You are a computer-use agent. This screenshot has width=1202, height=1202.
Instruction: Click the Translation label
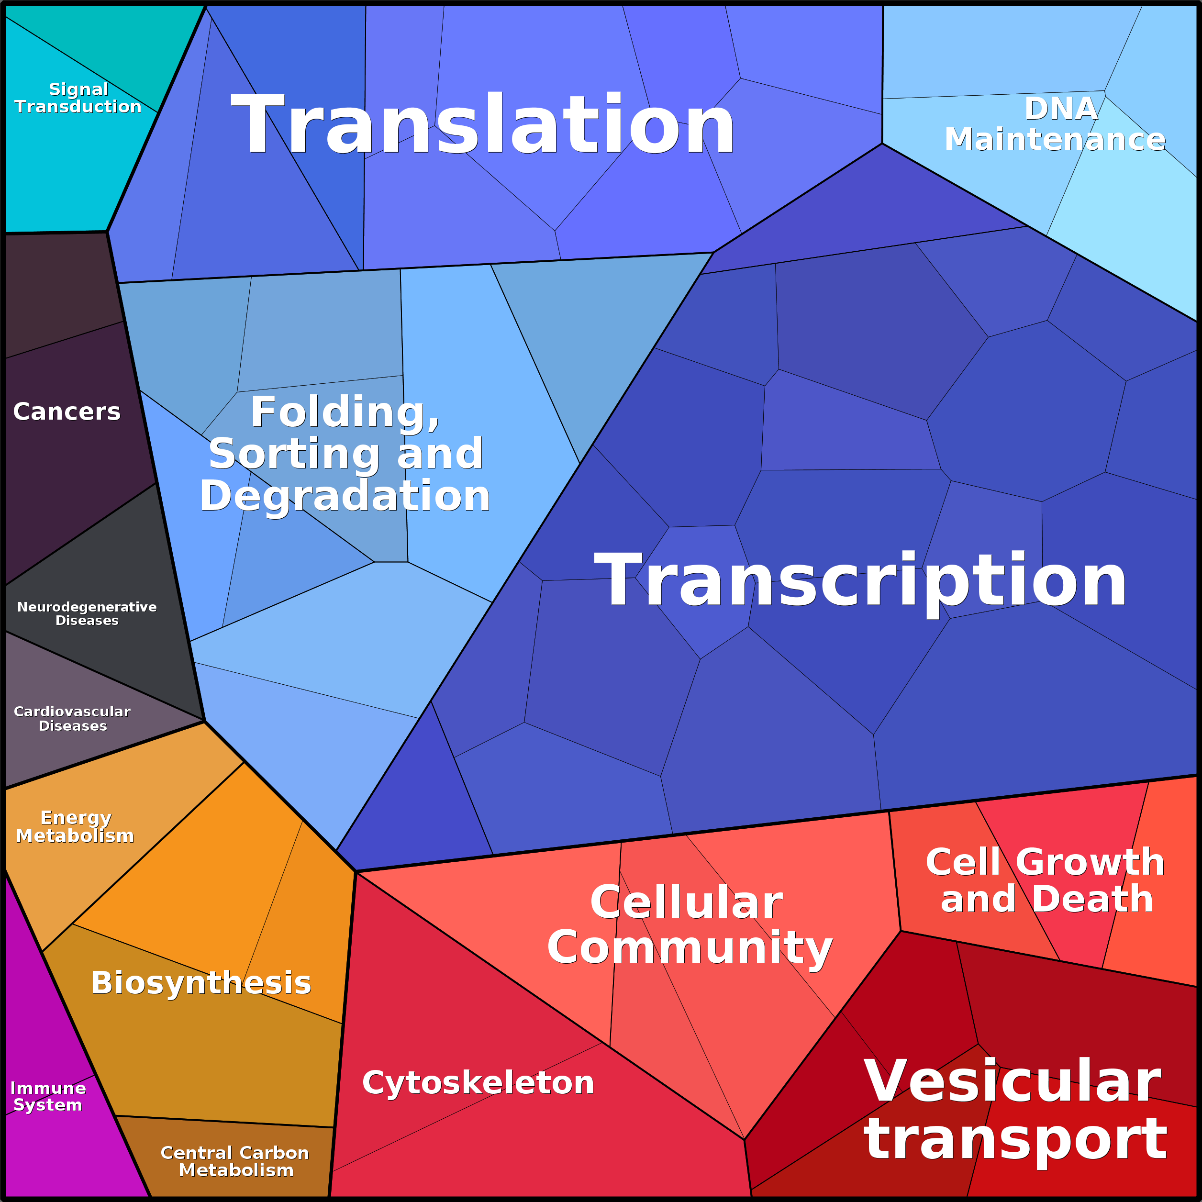(x=483, y=124)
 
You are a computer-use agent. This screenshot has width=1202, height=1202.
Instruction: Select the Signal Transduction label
(x=78, y=98)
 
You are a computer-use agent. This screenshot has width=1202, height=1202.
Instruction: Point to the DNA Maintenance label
(x=1055, y=124)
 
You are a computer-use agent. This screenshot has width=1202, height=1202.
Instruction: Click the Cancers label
(x=67, y=411)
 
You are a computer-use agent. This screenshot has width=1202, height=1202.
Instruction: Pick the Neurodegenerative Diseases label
(x=87, y=613)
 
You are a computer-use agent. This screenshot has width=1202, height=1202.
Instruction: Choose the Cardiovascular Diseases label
(x=72, y=719)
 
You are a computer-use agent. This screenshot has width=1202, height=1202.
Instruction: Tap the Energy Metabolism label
(x=75, y=826)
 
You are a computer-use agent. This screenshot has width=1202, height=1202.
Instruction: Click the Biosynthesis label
(x=201, y=983)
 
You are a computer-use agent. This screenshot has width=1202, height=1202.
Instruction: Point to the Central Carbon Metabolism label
(x=235, y=1161)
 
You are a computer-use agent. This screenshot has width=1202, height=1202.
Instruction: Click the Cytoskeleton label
(x=478, y=1082)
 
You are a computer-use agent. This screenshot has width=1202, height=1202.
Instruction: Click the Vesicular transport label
(x=1015, y=1110)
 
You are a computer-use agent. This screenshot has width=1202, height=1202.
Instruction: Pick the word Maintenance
(x=1055, y=139)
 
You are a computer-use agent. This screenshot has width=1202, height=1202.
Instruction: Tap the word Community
(x=690, y=947)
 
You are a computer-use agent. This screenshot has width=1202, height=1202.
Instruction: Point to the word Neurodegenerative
(x=87, y=607)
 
